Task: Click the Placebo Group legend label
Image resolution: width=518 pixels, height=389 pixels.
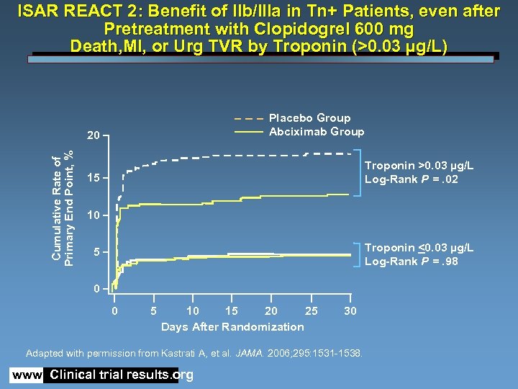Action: pyautogui.click(x=309, y=118)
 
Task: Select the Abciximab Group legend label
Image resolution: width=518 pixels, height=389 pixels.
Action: pyautogui.click(x=316, y=132)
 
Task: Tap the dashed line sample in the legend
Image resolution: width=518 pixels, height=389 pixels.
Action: pyautogui.click(x=248, y=118)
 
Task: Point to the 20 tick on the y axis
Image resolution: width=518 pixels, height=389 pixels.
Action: pyautogui.click(x=93, y=135)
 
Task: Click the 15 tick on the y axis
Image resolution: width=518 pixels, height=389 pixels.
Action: pyautogui.click(x=93, y=178)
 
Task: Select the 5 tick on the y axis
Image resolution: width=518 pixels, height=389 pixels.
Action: pyautogui.click(x=96, y=253)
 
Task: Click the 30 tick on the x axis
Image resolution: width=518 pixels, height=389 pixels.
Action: pyautogui.click(x=350, y=310)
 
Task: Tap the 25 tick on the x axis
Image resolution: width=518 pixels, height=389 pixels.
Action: pyautogui.click(x=311, y=310)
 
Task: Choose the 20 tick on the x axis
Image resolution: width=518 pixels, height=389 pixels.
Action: pyautogui.click(x=271, y=310)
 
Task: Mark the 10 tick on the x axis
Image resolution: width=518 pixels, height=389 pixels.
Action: pyautogui.click(x=192, y=310)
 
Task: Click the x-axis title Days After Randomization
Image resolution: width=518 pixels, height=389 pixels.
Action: pyautogui.click(x=232, y=327)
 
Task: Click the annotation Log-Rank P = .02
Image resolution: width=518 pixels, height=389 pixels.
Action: pyautogui.click(x=411, y=179)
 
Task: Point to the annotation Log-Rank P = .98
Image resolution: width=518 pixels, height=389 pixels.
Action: pyautogui.click(x=411, y=261)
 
